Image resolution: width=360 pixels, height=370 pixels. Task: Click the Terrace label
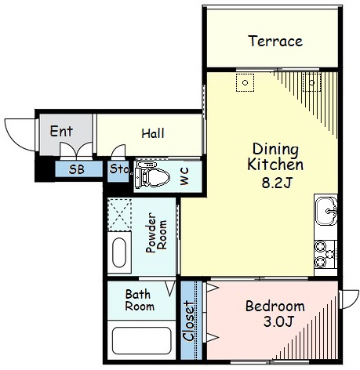[275, 41]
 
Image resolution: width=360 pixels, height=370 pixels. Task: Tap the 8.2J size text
[276, 183]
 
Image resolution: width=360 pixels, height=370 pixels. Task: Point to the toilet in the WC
[152, 175]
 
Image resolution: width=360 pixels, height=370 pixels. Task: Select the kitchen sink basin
[325, 211]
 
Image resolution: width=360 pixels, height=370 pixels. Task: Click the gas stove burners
[325, 254]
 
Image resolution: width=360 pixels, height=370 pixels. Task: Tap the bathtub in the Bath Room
[141, 340]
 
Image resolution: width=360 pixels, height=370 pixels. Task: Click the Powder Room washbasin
[119, 252]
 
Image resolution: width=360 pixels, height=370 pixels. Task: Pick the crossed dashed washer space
[119, 215]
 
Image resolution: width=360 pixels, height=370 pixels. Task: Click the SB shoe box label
[77, 169]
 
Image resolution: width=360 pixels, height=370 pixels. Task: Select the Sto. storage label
[119, 169]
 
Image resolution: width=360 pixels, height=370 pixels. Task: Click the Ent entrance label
[61, 131]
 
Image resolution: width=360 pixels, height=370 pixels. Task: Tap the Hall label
[153, 133]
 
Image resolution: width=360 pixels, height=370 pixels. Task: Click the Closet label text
[189, 321]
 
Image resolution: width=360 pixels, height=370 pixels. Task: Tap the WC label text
[184, 176]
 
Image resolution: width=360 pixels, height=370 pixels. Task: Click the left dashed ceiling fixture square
[245, 82]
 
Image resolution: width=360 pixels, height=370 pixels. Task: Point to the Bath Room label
[140, 300]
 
